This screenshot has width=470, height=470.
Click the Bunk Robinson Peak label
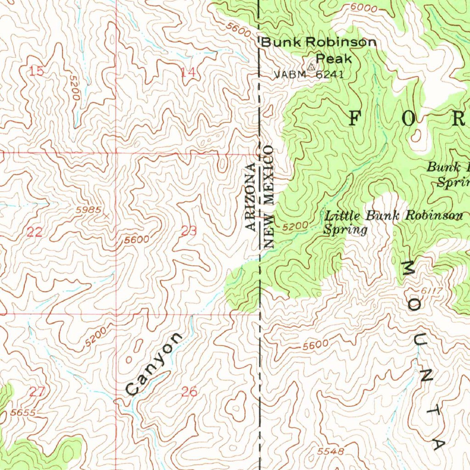319,50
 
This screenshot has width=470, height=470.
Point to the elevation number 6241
330,75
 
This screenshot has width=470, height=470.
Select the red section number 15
37,71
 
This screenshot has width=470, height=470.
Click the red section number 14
188,72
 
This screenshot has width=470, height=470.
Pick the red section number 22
34,232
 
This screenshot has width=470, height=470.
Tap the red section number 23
189,231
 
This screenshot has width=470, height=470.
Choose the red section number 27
37,392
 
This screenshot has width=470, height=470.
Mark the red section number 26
189,392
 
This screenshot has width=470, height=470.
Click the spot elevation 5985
88,210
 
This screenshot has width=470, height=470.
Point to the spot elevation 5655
23,413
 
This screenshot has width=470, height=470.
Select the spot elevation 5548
330,452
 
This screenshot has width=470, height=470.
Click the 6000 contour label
364,8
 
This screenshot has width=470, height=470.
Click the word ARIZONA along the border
250,196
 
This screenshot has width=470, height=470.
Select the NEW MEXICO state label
269,197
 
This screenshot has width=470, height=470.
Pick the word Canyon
154,364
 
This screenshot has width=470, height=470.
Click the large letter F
355,118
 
